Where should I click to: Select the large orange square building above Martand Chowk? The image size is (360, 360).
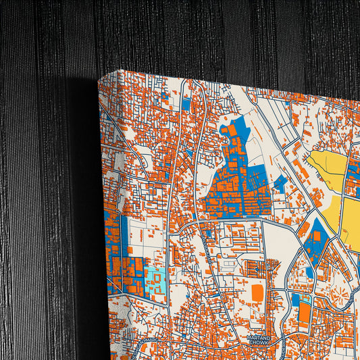tap(257, 292)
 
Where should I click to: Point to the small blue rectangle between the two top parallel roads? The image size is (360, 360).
tap(186, 103)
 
